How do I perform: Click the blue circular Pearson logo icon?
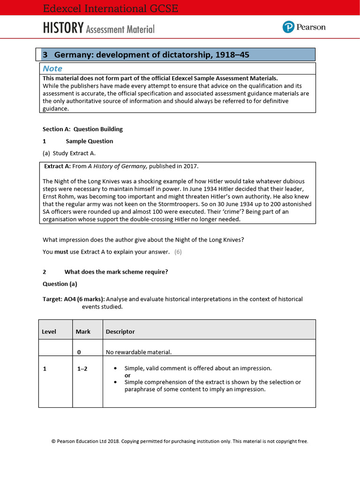coord(288,27)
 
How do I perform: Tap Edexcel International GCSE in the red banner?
coord(110,8)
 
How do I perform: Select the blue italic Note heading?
coord(52,68)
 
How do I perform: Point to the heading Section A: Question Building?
coord(82,129)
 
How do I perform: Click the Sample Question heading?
coord(89,141)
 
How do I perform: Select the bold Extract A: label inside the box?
coord(57,166)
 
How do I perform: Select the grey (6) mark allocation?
coord(178,252)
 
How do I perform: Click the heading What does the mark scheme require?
coord(116,271)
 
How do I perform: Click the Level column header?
coord(49,331)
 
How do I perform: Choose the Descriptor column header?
coord(120,331)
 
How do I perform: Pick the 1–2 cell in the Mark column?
coord(82,368)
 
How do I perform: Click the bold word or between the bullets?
coord(127,375)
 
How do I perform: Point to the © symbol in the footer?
coord(53,441)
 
